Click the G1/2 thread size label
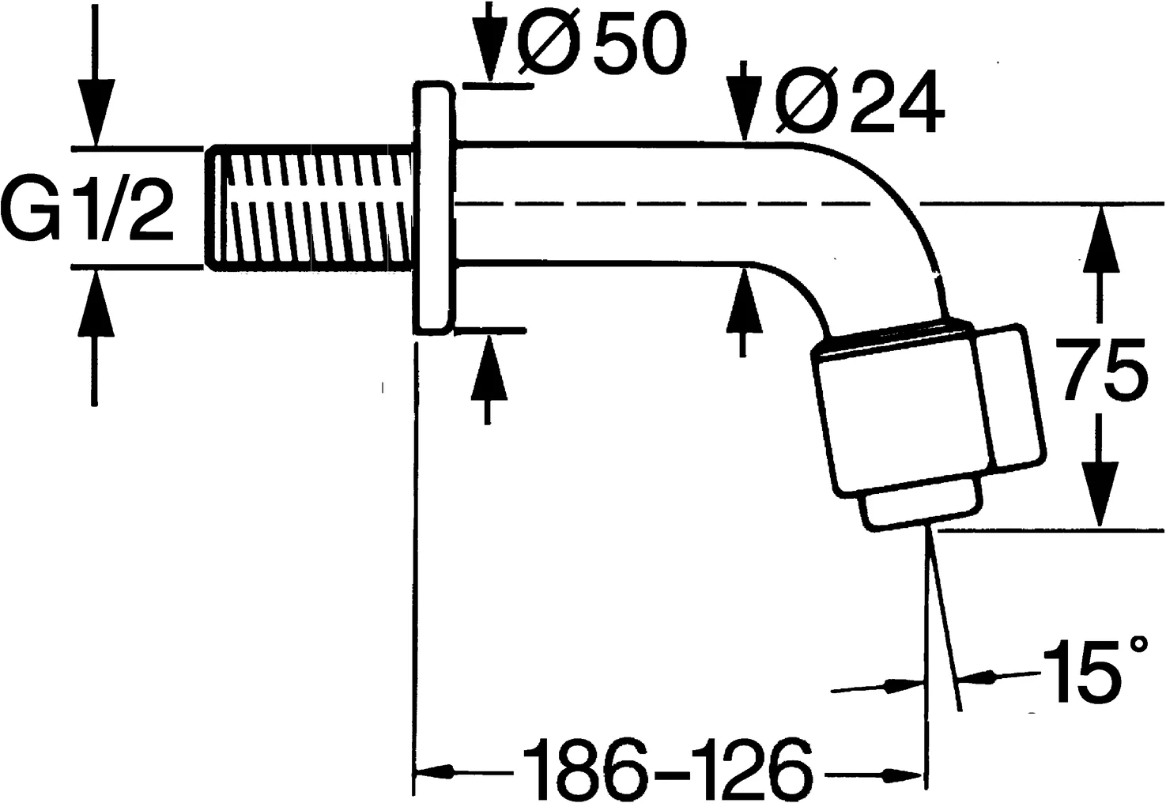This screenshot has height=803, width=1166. click(89, 207)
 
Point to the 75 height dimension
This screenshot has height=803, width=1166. click(1104, 368)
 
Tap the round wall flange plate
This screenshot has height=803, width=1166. click(433, 207)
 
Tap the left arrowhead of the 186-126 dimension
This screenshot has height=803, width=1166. click(435, 770)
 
